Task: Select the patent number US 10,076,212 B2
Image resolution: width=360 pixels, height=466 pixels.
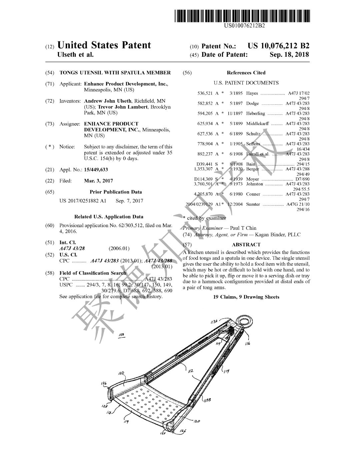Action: [x=278, y=46]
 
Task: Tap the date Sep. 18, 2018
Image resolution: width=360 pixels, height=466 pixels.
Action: [x=289, y=55]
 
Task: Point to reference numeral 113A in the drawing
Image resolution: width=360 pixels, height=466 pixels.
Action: [x=214, y=322]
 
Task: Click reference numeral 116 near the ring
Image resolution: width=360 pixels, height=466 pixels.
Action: [x=247, y=344]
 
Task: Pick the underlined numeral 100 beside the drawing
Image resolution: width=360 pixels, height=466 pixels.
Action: [x=121, y=334]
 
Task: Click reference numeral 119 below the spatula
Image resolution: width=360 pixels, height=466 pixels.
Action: [x=126, y=422]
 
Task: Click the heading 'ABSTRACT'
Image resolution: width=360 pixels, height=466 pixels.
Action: [x=246, y=245]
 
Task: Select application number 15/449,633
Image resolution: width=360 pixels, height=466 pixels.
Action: [x=96, y=170]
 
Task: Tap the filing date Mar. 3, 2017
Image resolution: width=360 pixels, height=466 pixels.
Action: [x=98, y=181]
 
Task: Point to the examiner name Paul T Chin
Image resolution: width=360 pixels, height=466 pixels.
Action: [x=243, y=228]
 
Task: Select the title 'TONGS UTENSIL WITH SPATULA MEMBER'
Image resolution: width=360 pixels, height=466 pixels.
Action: [x=115, y=73]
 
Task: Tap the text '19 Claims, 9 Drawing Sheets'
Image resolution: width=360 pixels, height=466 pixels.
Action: [x=246, y=297]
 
